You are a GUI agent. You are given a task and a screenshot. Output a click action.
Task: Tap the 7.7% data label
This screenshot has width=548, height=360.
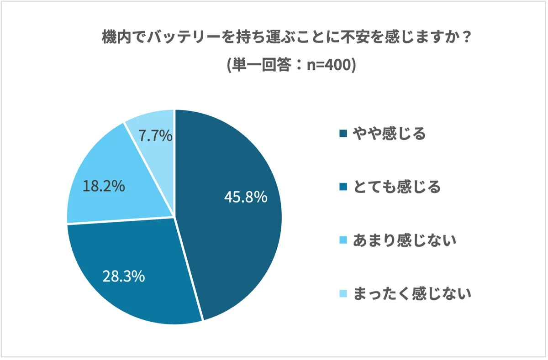click(x=156, y=136)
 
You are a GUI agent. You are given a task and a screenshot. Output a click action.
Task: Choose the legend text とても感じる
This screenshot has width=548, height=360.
click(x=397, y=187)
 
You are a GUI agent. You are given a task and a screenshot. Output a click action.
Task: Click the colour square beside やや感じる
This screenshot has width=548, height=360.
click(x=343, y=134)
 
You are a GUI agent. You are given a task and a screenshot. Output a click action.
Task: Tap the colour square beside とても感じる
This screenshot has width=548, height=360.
click(x=343, y=187)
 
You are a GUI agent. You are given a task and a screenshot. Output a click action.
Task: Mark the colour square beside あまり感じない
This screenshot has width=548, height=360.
click(x=343, y=240)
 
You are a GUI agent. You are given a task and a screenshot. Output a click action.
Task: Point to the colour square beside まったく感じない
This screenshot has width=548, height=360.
click(x=343, y=293)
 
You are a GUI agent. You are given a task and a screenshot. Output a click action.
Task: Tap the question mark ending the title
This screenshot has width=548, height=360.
click(x=465, y=38)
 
